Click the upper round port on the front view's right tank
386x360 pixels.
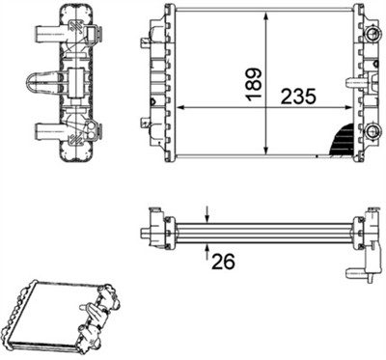pos(370,36)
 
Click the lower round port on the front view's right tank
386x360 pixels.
pos(370,130)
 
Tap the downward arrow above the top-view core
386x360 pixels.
pos(207,215)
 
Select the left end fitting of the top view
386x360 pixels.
pos(154,232)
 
